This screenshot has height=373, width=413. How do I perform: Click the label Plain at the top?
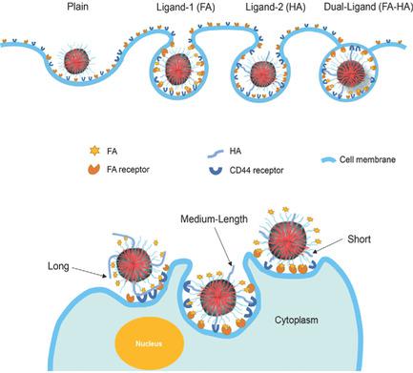tap(79, 8)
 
